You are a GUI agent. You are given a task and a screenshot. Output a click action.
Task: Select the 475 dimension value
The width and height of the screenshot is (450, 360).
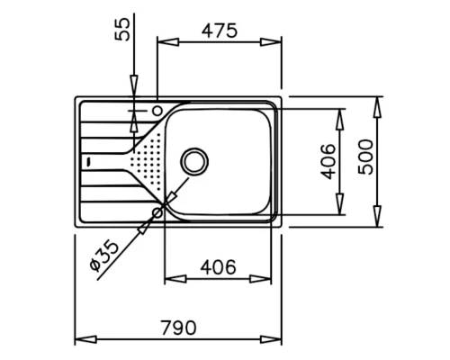219,31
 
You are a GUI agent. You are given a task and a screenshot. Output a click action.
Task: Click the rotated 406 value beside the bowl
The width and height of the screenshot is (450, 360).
328,161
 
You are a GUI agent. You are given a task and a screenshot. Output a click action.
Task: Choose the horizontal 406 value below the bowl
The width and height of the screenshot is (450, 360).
218,267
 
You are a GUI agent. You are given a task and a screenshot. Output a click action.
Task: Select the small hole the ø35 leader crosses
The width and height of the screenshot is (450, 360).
159,212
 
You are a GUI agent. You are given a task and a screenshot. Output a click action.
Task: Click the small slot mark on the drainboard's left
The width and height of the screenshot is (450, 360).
87,161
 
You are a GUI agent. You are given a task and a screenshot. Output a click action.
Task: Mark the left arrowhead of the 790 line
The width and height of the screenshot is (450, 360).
77,339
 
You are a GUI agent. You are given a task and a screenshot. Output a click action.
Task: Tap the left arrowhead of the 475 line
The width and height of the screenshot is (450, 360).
162,41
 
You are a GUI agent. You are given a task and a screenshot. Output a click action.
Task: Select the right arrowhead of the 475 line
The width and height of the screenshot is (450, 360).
276,41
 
